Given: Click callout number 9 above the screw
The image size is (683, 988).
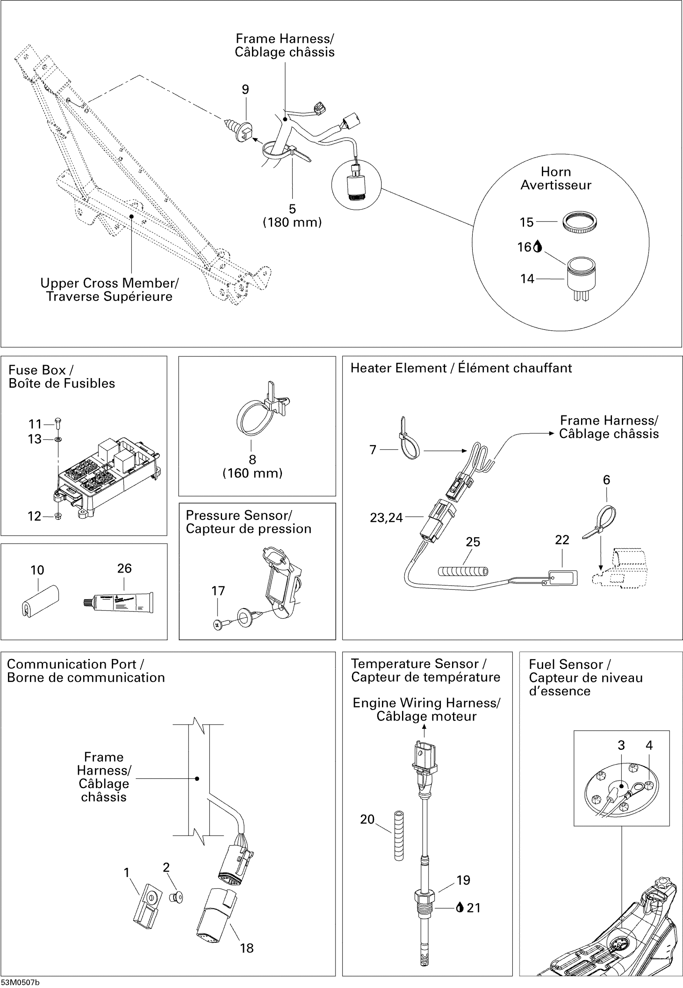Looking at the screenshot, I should click(245, 90).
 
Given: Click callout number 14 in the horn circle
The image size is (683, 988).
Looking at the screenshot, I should click(527, 279).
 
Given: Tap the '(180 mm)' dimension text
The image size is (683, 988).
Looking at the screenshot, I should click(292, 222).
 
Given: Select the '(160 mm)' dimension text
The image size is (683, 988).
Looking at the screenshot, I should click(252, 473).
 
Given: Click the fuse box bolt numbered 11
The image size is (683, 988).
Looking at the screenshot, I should click(59, 423).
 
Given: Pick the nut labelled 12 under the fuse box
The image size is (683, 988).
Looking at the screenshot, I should click(58, 516).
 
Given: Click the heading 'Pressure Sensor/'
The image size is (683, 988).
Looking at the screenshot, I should click(239, 515).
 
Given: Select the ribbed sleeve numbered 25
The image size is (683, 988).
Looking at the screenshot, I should click(463, 571).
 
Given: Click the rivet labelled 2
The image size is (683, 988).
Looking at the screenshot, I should click(178, 896).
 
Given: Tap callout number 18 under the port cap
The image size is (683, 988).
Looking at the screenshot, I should click(247, 948).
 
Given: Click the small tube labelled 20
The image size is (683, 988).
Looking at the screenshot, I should click(399, 835).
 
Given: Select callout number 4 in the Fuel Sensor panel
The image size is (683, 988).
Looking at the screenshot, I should click(649, 745).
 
